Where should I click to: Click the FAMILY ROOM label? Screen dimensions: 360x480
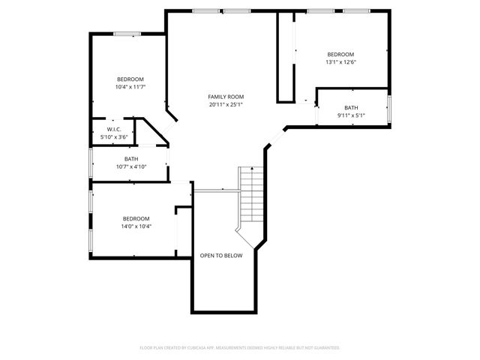(x=226, y=97)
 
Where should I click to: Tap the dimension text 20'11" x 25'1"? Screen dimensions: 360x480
(x=226, y=104)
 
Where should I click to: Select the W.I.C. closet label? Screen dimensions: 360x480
(x=115, y=130)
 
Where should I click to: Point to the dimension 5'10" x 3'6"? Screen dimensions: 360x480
(x=115, y=136)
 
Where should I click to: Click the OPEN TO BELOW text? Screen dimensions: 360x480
(x=221, y=256)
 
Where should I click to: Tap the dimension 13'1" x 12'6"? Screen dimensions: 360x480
(x=340, y=62)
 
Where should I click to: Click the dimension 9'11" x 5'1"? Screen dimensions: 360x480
(x=351, y=115)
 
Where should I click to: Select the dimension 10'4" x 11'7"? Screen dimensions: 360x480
(x=130, y=87)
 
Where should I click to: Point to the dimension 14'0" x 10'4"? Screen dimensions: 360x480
(x=136, y=226)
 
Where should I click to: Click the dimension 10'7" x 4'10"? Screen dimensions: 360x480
(x=131, y=166)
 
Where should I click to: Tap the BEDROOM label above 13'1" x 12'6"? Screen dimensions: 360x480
(x=340, y=55)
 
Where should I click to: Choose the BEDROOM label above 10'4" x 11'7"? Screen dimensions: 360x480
(x=130, y=79)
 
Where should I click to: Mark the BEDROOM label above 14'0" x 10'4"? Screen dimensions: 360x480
(x=136, y=219)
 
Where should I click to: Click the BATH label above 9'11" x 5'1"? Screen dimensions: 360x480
(x=351, y=108)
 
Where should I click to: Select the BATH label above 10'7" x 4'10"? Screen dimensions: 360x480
(x=131, y=159)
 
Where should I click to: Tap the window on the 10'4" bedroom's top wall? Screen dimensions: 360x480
(x=127, y=33)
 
